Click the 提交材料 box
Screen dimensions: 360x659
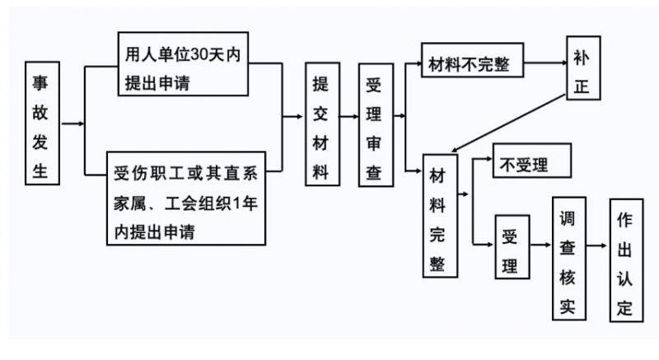coord(321,124)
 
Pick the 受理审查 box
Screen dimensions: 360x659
coord(374,124)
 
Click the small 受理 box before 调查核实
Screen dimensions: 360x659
coord(511,245)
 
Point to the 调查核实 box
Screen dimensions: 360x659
coord(568,259)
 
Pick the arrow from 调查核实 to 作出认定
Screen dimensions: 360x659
coord(596,245)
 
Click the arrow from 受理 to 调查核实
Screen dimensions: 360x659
coord(539,245)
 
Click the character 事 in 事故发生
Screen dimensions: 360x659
coord(40,85)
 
